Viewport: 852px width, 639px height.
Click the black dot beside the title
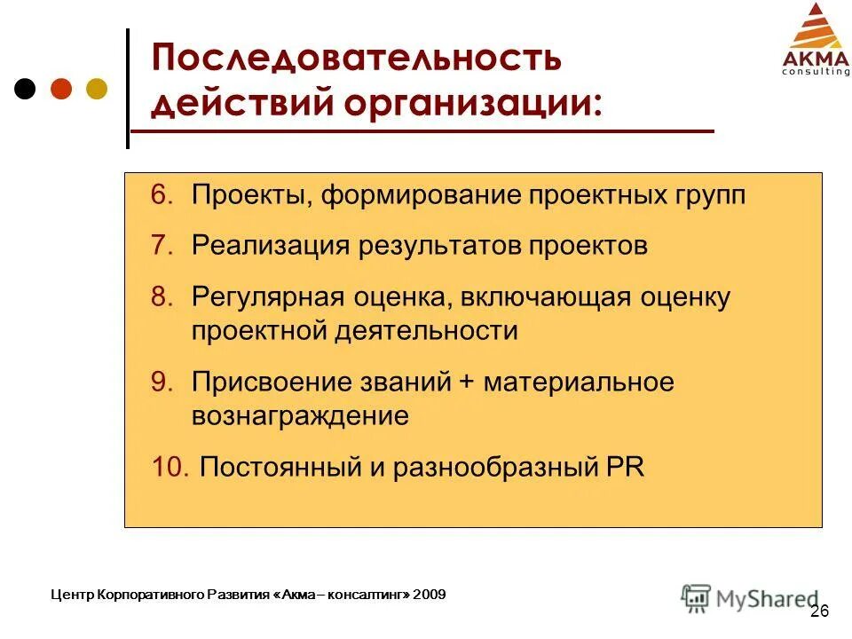coord(27,90)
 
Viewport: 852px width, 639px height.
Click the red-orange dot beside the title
coord(61,90)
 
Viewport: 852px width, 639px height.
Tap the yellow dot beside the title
coord(96,90)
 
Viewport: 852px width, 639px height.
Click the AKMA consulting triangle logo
coord(815,39)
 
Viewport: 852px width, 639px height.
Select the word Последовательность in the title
coord(356,59)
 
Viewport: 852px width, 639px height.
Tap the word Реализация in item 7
coord(269,246)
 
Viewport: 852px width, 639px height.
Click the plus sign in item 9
coord(468,383)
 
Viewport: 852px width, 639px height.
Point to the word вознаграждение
coord(300,416)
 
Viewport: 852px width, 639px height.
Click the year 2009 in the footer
coord(430,594)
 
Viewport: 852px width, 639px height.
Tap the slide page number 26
coord(819,611)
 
